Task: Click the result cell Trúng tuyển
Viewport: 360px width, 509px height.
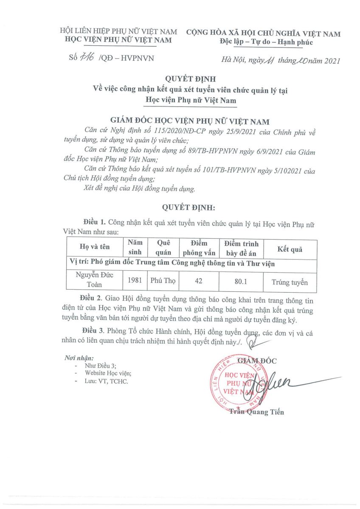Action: point(290,282)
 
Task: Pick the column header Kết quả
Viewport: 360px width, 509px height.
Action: point(290,249)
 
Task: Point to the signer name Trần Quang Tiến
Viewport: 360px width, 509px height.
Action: point(256,412)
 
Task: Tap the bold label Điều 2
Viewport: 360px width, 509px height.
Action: point(93,300)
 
